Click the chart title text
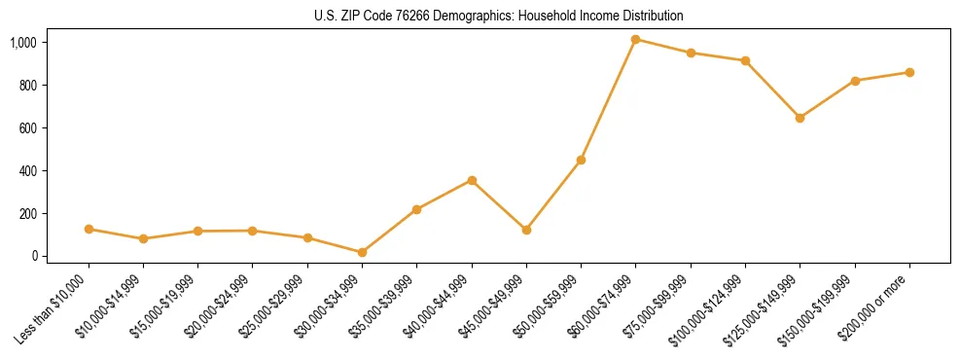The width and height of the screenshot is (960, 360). [x=480, y=16]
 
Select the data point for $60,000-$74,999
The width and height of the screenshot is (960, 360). [x=636, y=40]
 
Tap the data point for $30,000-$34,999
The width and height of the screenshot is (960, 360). [x=362, y=252]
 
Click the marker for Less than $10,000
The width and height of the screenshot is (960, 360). [x=89, y=229]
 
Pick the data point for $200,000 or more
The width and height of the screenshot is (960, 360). [x=909, y=72]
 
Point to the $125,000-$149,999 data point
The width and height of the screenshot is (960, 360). [x=800, y=118]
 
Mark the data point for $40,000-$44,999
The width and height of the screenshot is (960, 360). [x=472, y=180]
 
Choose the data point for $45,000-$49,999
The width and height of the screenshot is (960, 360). [x=526, y=230]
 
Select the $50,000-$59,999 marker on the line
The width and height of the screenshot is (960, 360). [x=581, y=160]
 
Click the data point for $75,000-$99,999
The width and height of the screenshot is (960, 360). [x=691, y=53]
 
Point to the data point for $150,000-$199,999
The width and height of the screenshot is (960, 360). [x=855, y=81]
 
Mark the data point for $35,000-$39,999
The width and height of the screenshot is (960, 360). [x=416, y=209]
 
